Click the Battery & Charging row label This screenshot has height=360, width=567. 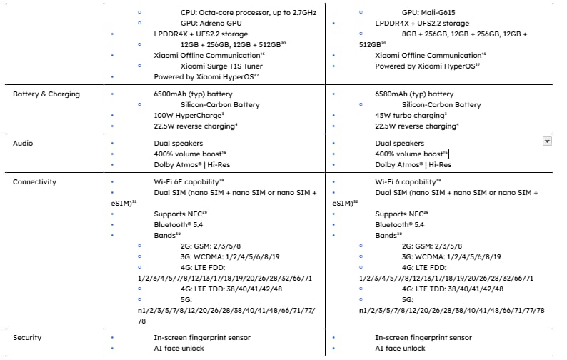pos(46,94)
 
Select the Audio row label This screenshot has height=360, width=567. pos(23,143)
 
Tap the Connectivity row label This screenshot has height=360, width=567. pos(34,182)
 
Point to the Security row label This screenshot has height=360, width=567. pos(27,337)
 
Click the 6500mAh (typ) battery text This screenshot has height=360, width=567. pos(193,94)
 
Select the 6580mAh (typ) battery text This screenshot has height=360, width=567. pos(414,94)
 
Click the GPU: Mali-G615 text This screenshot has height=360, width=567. pos(431,12)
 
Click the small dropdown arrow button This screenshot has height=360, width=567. pos(548,141)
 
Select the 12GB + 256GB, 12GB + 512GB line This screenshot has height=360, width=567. pos(233,44)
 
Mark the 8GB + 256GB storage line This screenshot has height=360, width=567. pos(465,34)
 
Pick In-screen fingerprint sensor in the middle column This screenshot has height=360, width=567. pos(202,337)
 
